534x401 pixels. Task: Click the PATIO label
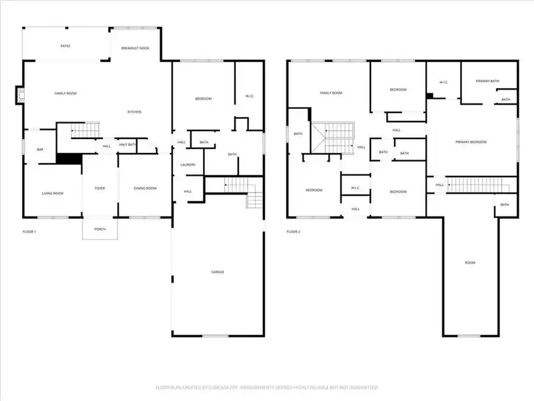65,46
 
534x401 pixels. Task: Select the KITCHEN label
134,112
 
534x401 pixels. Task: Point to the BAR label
40,150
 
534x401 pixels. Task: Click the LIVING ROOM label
53,193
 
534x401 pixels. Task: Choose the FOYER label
99,188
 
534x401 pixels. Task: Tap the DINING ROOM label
146,188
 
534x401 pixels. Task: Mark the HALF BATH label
127,145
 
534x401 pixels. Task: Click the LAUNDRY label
188,164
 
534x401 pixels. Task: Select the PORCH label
99,229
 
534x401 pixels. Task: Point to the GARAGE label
218,272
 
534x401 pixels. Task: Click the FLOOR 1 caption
29,232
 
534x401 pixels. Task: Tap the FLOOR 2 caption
294,232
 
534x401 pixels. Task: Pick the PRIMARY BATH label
487,81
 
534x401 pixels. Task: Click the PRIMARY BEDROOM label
471,142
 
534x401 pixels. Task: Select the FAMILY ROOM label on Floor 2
331,93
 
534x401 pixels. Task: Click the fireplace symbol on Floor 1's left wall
20,96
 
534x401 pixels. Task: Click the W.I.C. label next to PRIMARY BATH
443,82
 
